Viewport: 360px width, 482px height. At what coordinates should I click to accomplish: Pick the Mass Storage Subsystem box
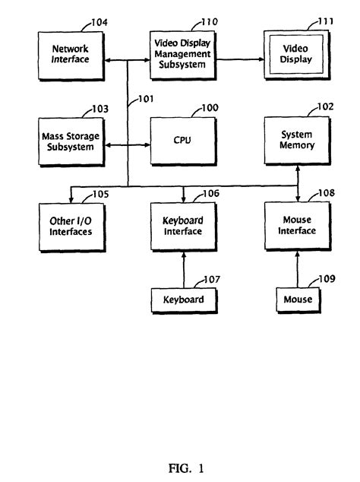click(70, 141)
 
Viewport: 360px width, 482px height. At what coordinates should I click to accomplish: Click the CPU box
click(182, 141)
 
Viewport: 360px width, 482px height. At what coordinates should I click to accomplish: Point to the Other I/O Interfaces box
click(70, 227)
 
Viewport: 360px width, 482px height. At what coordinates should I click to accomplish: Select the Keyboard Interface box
click(182, 227)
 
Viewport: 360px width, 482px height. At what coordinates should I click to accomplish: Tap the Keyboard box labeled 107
click(182, 300)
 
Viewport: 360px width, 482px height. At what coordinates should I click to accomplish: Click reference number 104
click(98, 24)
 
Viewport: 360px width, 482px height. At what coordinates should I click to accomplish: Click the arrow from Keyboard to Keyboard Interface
click(183, 270)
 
